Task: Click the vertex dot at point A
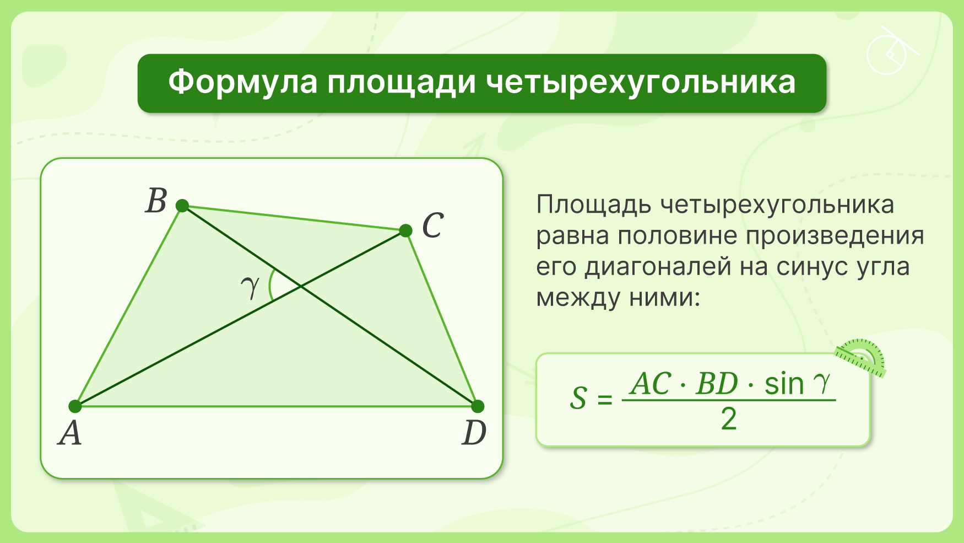click(x=75, y=406)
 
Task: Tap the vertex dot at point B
click(x=182, y=206)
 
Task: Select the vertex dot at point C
click(x=405, y=230)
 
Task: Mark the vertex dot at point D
click(x=478, y=406)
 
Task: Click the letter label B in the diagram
click(x=156, y=201)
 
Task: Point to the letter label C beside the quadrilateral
click(x=433, y=225)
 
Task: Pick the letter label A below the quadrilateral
click(x=70, y=433)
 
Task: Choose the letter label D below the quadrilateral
click(x=474, y=433)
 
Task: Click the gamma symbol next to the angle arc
click(x=250, y=287)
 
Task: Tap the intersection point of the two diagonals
click(x=300, y=286)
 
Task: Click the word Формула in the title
click(x=243, y=83)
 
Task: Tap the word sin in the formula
click(x=784, y=384)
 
